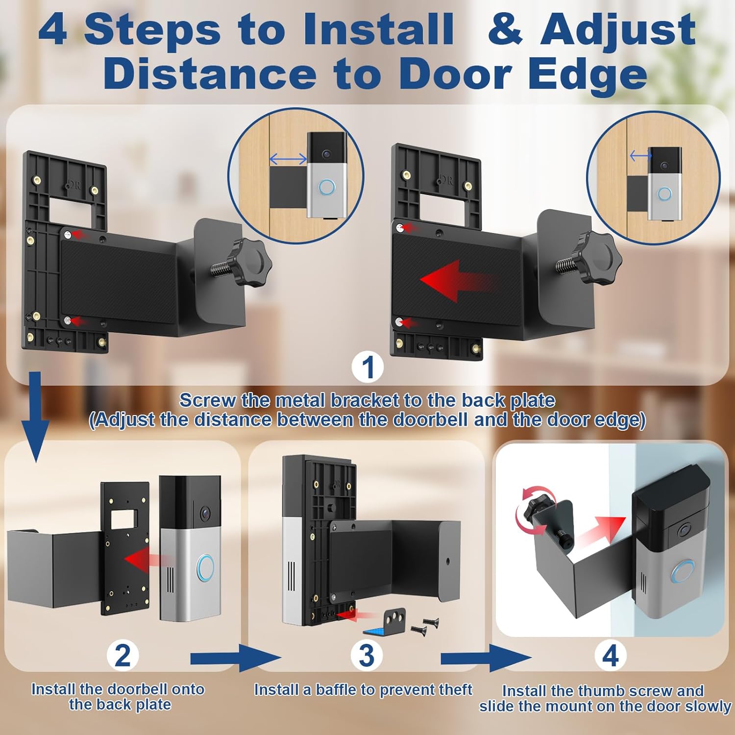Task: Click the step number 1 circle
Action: (368, 367)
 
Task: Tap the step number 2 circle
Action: (122, 656)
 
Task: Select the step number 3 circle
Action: (367, 656)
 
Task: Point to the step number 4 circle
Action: (610, 656)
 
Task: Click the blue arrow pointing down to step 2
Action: (35, 417)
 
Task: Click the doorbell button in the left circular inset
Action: (327, 188)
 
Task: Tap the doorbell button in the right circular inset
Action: (664, 194)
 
